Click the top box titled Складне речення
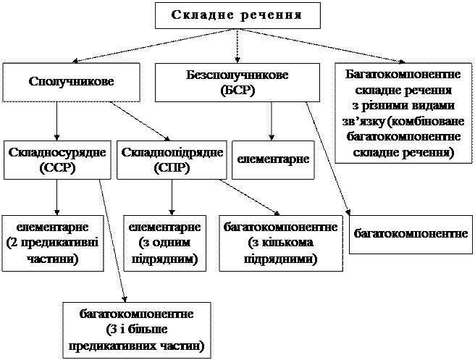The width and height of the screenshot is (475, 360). coord(237,15)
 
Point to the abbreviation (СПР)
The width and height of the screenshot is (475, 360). coord(172,167)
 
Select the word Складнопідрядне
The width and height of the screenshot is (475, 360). coord(172,153)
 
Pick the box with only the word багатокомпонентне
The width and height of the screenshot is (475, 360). coord(411,233)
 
